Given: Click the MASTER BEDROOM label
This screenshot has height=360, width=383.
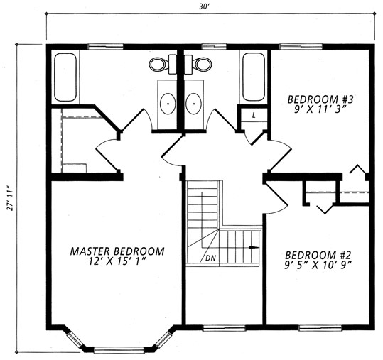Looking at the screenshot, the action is tap(117, 251).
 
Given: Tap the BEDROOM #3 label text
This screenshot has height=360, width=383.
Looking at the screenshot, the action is tap(320, 99).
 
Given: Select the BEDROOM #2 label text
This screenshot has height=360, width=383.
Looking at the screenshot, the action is tap(318, 256).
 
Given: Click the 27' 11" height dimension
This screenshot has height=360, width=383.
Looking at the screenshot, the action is tap(9, 199).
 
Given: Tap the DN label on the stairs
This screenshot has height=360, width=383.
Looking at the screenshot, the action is tap(210, 258).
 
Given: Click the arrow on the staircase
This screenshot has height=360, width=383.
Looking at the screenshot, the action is tap(254, 247).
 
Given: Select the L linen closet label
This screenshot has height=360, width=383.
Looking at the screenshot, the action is tap(254, 115).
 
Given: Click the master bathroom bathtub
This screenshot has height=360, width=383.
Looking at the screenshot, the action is tap(65, 77).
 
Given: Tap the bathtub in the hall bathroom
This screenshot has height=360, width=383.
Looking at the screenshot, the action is tap(254, 77).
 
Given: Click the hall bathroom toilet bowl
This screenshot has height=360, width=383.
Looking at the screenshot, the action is tap(202, 64).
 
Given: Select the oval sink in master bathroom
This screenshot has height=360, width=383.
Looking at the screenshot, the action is tap(168, 104).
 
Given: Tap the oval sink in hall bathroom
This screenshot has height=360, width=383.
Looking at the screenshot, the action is tap(194, 104).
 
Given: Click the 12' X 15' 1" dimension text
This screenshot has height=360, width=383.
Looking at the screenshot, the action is tap(117, 261).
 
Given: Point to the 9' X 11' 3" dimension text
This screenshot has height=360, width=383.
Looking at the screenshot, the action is tap(320, 109).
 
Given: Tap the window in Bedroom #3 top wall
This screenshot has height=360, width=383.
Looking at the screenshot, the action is tap(301, 46).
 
